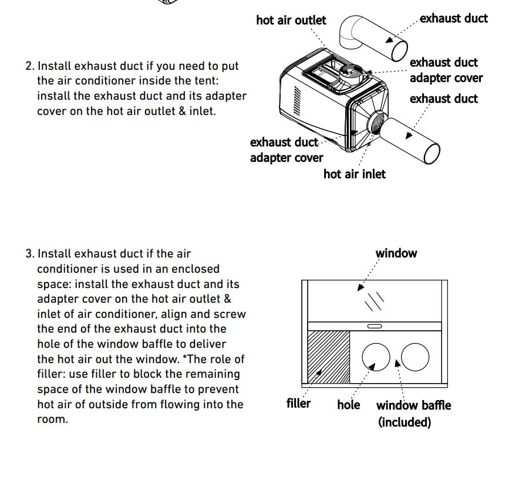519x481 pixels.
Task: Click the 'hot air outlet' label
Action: point(291,21)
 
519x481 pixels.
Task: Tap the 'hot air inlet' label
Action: point(355,174)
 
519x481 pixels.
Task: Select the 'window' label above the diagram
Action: point(396,253)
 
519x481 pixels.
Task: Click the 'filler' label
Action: point(298,404)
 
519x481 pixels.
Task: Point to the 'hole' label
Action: point(348,405)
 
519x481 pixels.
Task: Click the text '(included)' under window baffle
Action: point(405,422)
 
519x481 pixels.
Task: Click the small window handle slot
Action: point(374,326)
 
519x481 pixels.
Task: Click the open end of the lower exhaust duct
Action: point(432,154)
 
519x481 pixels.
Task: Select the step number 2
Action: point(29,66)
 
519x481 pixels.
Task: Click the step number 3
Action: point(29,254)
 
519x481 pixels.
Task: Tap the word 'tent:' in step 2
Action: point(205,81)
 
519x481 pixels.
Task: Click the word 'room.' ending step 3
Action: point(52,419)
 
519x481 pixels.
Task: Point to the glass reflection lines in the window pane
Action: point(374,300)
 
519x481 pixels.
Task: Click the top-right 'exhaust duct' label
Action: point(454,18)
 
